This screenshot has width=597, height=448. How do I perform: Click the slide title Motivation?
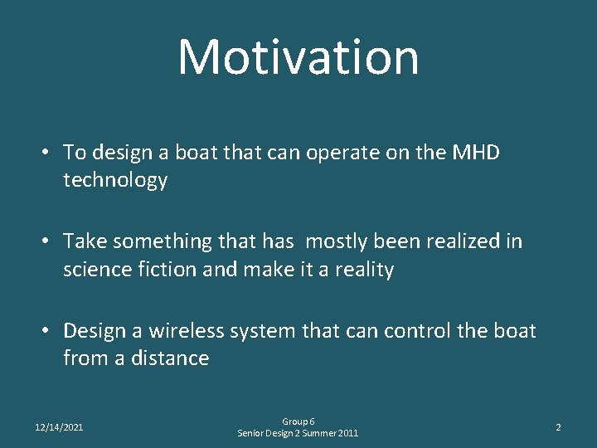(298, 56)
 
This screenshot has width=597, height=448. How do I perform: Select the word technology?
(115, 180)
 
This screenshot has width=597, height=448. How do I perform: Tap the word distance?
(172, 358)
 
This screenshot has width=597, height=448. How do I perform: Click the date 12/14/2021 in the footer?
(59, 427)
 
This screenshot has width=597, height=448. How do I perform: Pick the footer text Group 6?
(298, 421)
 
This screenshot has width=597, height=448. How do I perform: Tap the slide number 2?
(558, 427)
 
